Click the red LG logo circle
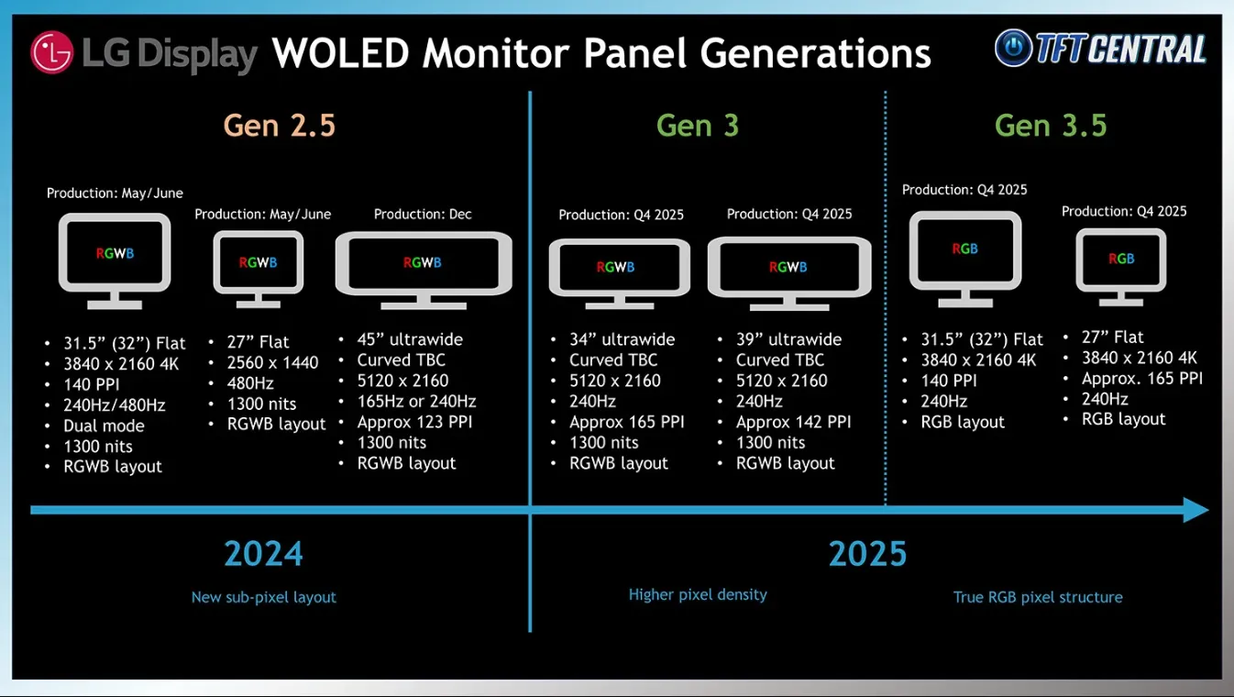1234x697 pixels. [x=51, y=52]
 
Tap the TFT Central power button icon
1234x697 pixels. [x=1013, y=48]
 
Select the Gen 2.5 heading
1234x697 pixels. [x=280, y=125]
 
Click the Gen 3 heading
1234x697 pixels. [x=698, y=125]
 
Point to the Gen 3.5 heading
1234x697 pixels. [x=1051, y=125]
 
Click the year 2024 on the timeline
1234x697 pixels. [x=263, y=554]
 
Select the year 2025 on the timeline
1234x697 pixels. [x=867, y=554]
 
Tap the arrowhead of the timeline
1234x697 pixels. [x=1195, y=510]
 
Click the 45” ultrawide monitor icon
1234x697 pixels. [x=424, y=270]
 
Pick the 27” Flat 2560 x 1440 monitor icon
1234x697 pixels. [x=259, y=269]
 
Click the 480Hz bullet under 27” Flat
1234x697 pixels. [x=250, y=383]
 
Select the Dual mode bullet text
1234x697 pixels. [x=104, y=426]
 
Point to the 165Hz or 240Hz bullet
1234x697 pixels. [x=416, y=401]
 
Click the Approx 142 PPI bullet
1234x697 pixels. [x=793, y=422]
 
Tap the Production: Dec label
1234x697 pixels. [x=423, y=214]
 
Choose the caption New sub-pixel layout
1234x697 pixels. [x=263, y=597]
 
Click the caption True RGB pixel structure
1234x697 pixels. [x=1038, y=597]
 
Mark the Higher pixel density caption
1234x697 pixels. [x=698, y=594]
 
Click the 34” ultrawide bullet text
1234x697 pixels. [x=622, y=339]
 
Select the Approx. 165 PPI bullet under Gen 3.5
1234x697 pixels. [x=1142, y=379]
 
